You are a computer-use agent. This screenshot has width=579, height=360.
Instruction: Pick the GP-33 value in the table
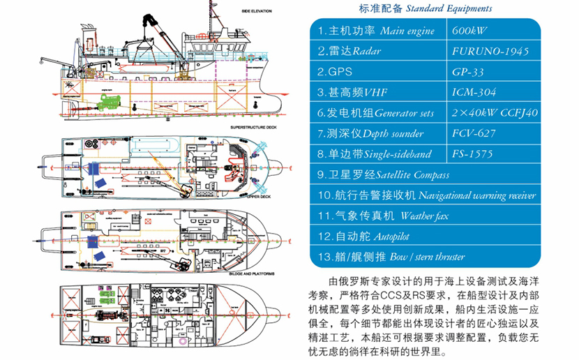pyautogui.click(x=468, y=71)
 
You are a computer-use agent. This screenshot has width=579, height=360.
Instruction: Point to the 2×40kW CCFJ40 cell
pyautogui.click(x=495, y=112)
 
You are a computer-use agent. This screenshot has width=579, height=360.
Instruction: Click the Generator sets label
pyautogui.click(x=405, y=112)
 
